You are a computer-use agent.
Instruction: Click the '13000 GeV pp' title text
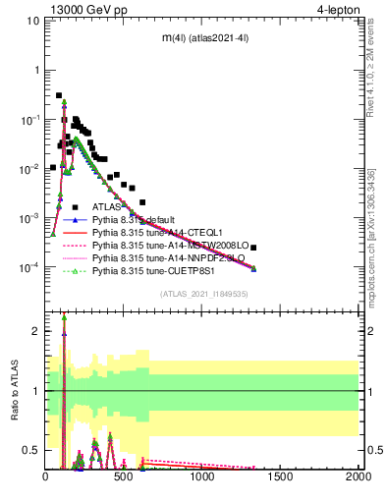89,11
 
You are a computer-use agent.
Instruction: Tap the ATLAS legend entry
107,207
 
